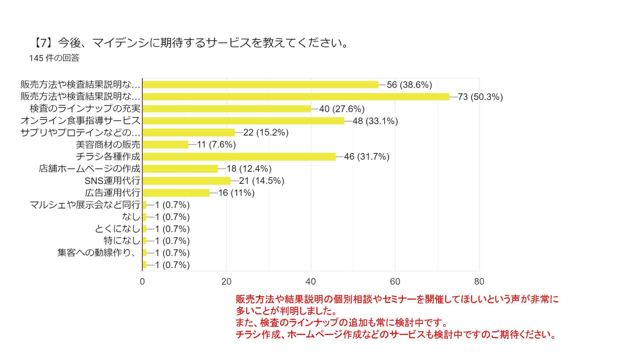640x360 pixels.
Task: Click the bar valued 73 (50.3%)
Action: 296,97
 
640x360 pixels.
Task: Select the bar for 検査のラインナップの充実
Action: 227,109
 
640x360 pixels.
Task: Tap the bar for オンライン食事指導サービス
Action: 243,121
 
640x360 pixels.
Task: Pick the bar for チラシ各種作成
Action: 239,157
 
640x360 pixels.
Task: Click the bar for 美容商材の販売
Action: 165,145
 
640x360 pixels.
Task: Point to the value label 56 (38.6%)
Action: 409,85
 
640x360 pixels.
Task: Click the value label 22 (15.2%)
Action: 266,133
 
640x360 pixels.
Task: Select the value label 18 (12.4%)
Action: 249,169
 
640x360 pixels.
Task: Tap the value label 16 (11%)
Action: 236,193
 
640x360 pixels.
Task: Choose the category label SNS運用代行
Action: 112,181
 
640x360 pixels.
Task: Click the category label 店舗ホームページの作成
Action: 90,169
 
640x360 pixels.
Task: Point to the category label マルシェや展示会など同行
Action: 85,205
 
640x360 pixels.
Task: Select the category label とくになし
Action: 117,229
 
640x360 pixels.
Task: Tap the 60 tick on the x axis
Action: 395,282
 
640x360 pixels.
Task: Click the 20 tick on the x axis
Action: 226,282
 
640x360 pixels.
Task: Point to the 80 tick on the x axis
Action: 479,282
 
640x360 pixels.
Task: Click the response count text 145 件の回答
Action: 54,58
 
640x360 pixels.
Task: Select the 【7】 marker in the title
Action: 42,43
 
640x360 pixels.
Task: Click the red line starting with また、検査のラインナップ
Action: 342,323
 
